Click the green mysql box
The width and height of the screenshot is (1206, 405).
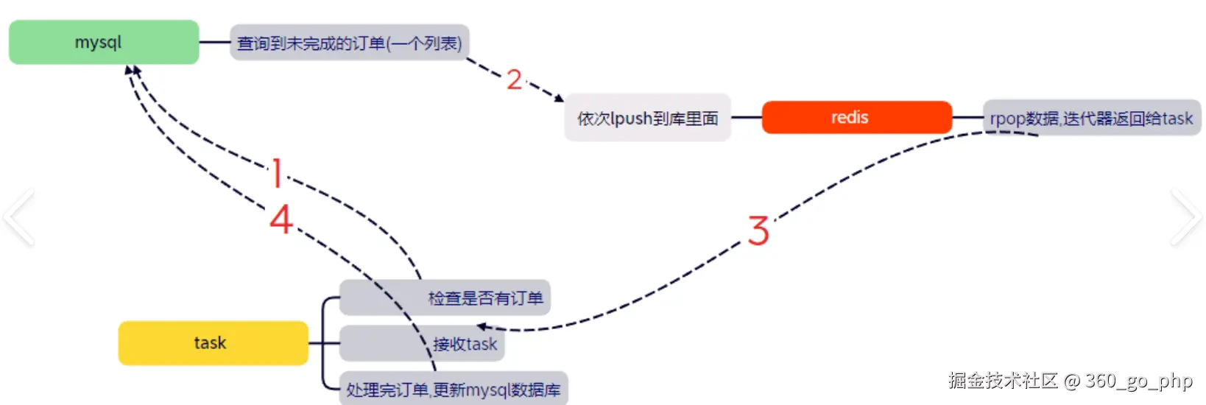click(x=104, y=42)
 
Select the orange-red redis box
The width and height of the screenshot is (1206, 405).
click(x=856, y=117)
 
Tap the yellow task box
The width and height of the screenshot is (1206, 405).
click(x=213, y=342)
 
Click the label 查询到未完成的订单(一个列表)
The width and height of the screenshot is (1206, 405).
click(x=349, y=43)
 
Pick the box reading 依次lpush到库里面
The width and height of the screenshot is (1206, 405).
click(x=647, y=118)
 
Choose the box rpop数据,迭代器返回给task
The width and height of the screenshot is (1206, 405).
click(x=1091, y=118)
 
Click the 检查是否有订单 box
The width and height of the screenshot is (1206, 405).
click(x=445, y=297)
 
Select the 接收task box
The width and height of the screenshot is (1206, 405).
click(x=422, y=343)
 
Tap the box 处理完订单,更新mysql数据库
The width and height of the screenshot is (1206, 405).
click(x=453, y=389)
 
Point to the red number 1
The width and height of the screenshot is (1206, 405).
click(x=277, y=174)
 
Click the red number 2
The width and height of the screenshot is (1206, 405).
click(x=514, y=80)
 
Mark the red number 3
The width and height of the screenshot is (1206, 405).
click(x=758, y=231)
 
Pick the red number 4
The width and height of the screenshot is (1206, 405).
click(x=281, y=219)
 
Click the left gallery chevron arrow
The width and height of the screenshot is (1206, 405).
click(x=18, y=216)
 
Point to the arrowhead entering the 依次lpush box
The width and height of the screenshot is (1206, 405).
click(x=560, y=97)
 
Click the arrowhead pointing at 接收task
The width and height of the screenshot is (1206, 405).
click(x=482, y=326)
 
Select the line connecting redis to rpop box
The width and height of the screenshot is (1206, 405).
click(x=967, y=117)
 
